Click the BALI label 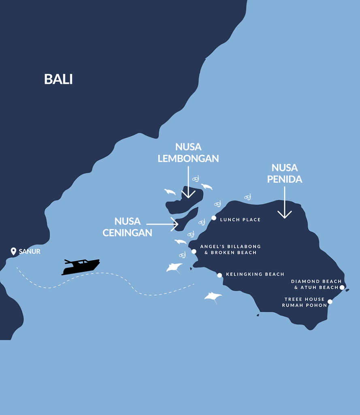(x=58, y=79)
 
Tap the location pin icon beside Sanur (x=14, y=251)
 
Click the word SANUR (x=30, y=252)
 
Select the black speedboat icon (x=81, y=267)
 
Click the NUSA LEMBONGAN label (x=188, y=153)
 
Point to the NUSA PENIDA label (x=285, y=173)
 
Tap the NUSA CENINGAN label (x=127, y=227)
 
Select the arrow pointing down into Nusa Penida (x=285, y=201)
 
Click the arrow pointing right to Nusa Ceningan (x=162, y=224)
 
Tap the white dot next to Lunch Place (x=214, y=218)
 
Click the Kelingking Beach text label (x=255, y=274)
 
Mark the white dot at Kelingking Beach (x=219, y=275)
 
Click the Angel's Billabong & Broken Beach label (x=230, y=250)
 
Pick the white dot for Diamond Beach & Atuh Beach (x=342, y=287)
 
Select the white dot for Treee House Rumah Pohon (x=330, y=302)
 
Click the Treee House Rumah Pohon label (x=305, y=302)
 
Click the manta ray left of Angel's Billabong (x=174, y=267)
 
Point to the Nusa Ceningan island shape (x=187, y=219)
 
